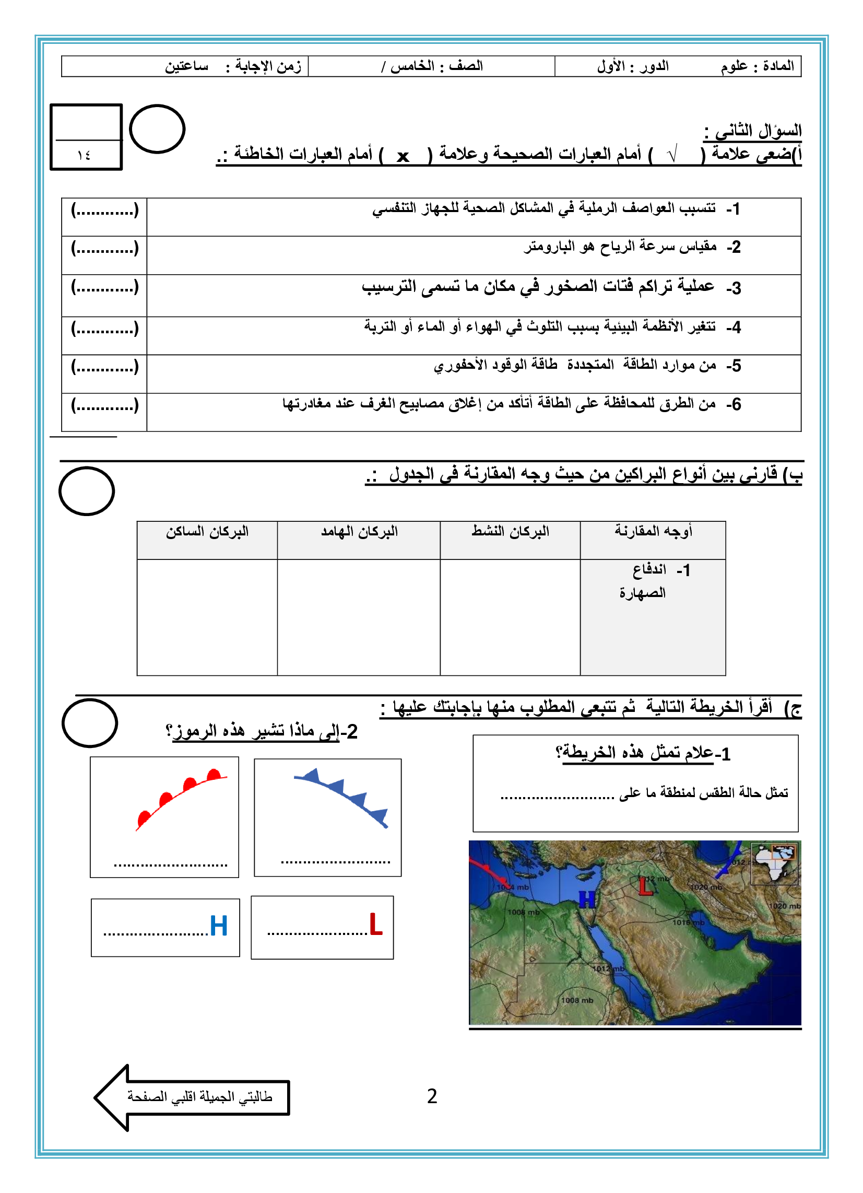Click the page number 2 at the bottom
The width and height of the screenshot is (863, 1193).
[x=432, y=1096]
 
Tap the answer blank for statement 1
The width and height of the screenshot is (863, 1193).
[x=104, y=210]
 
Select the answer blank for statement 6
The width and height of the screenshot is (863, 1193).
[x=104, y=405]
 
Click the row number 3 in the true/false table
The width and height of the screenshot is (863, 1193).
[x=735, y=288]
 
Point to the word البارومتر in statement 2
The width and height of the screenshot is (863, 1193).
[x=547, y=247]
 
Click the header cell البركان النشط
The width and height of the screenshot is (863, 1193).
[x=510, y=532]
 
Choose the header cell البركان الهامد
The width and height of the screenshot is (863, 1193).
[x=359, y=532]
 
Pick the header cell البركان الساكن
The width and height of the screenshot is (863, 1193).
[x=207, y=532]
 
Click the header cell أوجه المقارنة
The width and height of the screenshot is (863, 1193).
[x=653, y=532]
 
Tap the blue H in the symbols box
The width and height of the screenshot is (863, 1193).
[x=219, y=926]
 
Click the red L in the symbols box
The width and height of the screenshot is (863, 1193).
[x=375, y=924]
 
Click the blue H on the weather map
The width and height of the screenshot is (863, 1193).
[x=587, y=900]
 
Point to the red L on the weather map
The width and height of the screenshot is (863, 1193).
[x=645, y=886]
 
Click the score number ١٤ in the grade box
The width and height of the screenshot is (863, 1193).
[x=84, y=155]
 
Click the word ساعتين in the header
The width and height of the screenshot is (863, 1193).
[x=187, y=66]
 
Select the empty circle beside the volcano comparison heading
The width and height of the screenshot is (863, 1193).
[x=87, y=491]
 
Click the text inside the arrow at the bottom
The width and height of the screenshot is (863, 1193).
[x=200, y=1097]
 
